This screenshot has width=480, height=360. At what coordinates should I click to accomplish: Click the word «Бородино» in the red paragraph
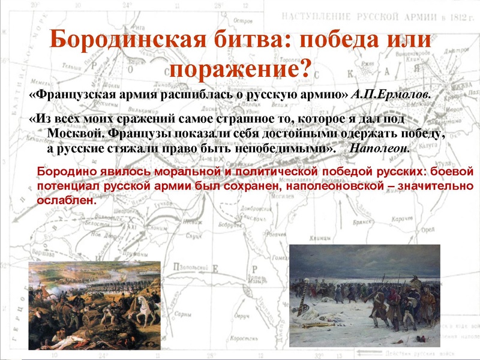[62, 172]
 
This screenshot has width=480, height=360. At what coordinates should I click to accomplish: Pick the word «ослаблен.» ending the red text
[67, 201]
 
